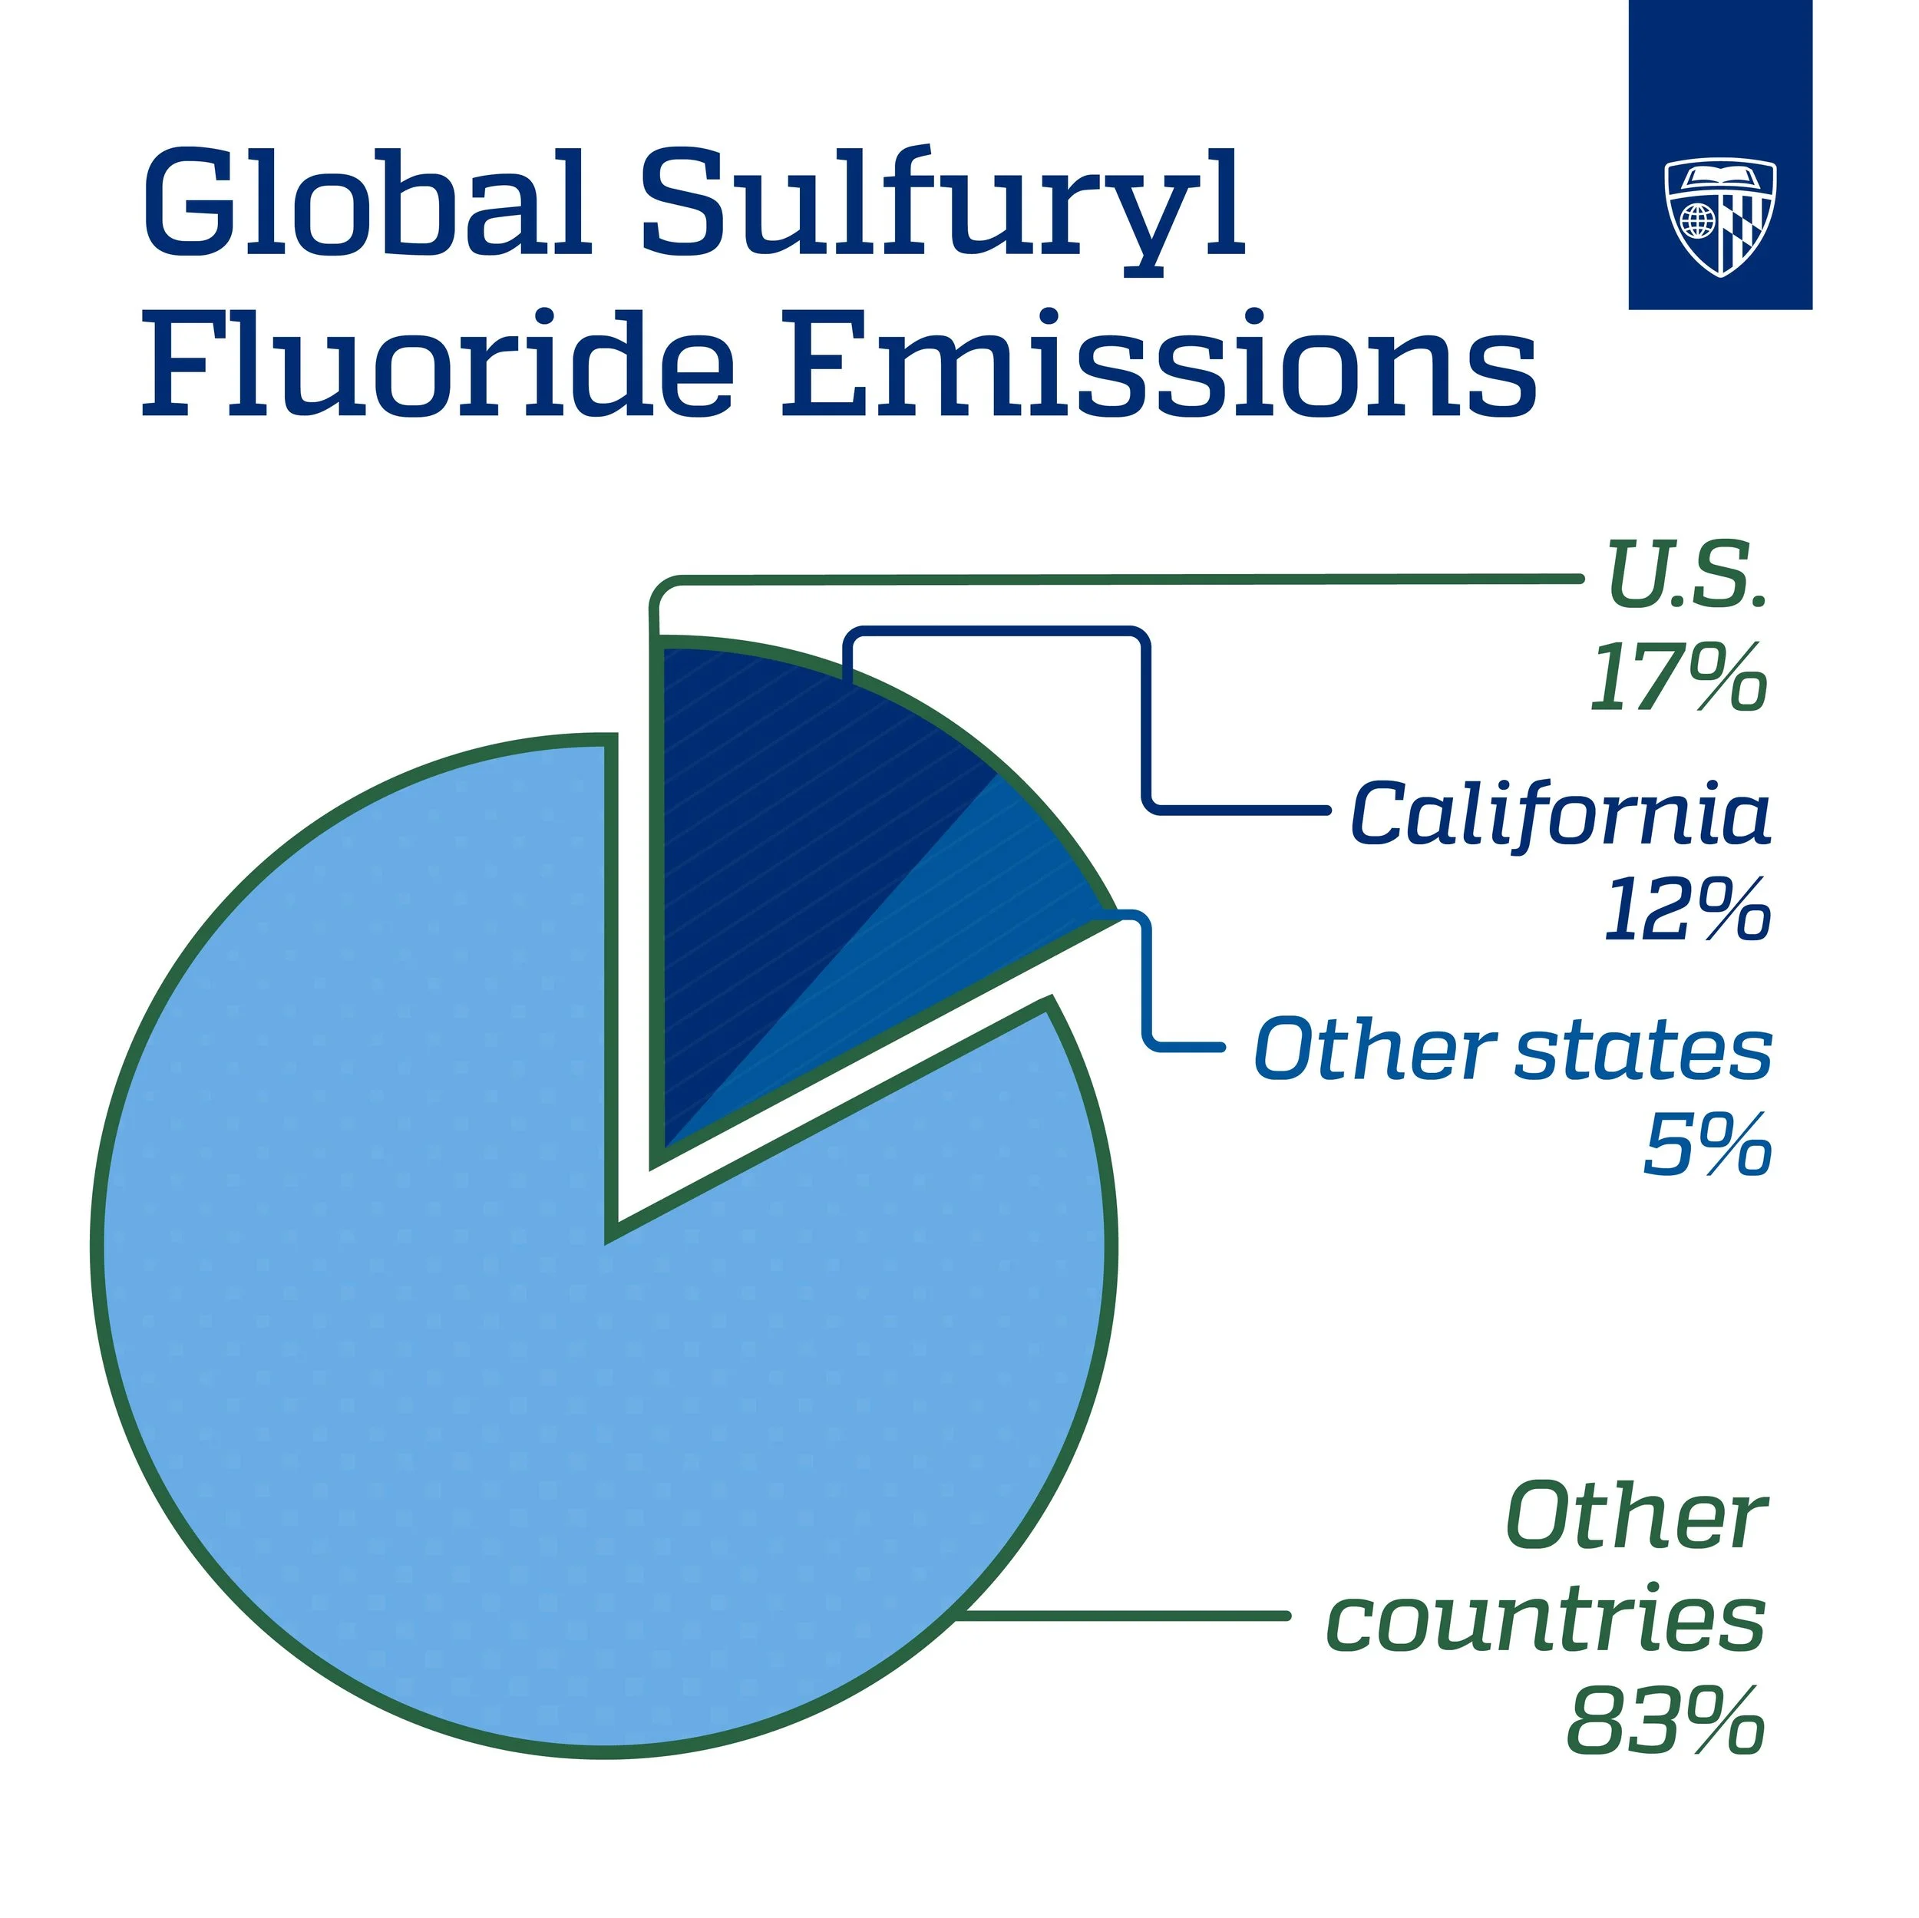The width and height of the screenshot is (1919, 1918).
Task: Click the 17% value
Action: click(1679, 678)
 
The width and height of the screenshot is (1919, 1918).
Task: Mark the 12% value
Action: click(1686, 909)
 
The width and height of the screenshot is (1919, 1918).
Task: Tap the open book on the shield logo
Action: click(1719, 179)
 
